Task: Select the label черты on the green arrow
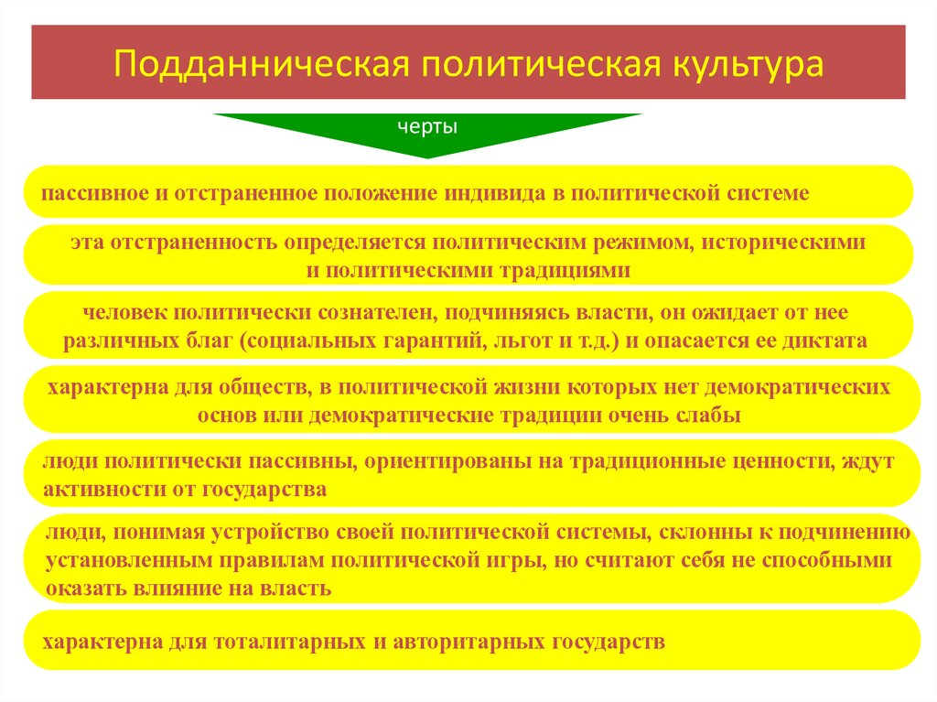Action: pyautogui.click(x=427, y=127)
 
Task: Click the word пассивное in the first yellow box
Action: pyautogui.click(x=83, y=193)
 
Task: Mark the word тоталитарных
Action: pyautogui.click(x=291, y=640)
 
